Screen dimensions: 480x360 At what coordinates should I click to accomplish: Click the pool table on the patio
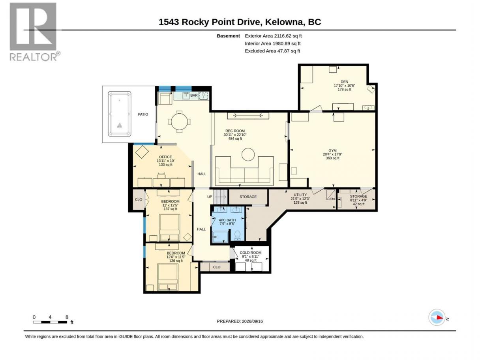[119, 114]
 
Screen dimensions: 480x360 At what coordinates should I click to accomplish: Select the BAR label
[194, 96]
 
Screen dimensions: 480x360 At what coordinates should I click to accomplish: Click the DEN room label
[344, 82]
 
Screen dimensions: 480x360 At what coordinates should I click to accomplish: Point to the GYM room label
[332, 151]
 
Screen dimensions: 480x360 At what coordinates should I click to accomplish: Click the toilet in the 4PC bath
[237, 235]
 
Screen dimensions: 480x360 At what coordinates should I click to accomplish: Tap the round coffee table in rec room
[248, 154]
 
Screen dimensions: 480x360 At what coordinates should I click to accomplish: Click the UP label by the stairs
[210, 197]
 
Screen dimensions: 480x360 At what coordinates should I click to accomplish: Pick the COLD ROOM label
[250, 253]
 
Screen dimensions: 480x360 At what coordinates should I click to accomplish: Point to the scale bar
[50, 322]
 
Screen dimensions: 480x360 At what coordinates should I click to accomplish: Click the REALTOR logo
[35, 32]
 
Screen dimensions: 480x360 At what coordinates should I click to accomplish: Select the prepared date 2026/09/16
[252, 321]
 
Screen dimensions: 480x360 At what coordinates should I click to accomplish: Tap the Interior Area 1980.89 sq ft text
[272, 43]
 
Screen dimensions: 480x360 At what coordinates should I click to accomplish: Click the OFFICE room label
[165, 157]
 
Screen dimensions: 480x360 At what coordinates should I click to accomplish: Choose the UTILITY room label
[300, 195]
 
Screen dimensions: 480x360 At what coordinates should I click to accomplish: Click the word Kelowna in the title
[284, 22]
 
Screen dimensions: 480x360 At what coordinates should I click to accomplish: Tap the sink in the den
[368, 108]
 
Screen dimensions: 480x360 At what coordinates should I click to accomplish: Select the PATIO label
[143, 114]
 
